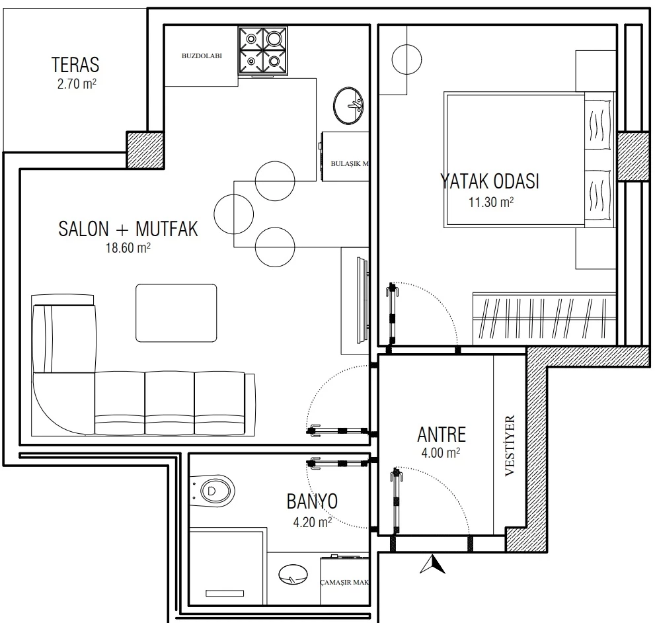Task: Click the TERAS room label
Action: pos(75,65)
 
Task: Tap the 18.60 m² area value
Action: pos(128,247)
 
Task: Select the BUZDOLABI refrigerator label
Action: pos(202,56)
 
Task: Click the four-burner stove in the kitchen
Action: pos(263,52)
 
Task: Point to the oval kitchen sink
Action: pos(348,106)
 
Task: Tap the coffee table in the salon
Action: pos(176,313)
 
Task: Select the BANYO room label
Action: pos(312,501)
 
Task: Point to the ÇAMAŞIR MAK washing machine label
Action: pos(344,582)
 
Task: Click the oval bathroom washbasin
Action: pos(293,575)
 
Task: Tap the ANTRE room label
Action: pos(442,435)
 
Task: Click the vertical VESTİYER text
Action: pos(510,445)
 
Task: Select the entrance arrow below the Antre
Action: pos(433,564)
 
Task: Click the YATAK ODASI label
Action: pos(490,181)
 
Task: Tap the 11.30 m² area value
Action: pos(491,202)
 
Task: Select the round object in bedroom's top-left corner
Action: pos(406,60)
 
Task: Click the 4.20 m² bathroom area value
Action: pos(313,522)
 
